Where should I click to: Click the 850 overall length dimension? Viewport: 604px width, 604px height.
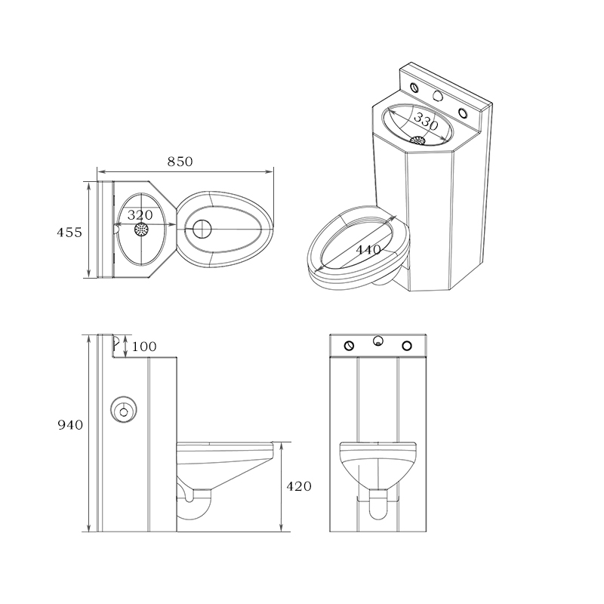click(x=180, y=161)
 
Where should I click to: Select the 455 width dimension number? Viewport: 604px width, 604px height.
click(x=69, y=232)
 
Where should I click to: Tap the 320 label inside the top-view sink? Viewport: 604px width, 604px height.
click(x=140, y=214)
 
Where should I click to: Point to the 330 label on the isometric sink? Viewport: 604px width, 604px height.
click(x=426, y=121)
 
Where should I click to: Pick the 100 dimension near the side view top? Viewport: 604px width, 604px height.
click(x=143, y=347)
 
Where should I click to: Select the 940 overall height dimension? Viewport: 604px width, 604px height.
click(x=70, y=425)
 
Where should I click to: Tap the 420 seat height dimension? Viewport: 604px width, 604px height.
click(x=298, y=486)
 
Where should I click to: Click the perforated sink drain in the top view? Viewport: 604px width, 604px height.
click(x=141, y=230)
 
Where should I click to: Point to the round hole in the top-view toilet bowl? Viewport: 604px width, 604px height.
click(x=202, y=230)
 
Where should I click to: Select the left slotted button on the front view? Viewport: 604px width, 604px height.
click(x=349, y=346)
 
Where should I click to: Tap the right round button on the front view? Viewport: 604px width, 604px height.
click(x=407, y=346)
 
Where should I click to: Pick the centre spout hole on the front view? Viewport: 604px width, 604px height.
click(x=377, y=341)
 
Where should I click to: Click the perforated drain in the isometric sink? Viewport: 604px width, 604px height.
click(x=418, y=140)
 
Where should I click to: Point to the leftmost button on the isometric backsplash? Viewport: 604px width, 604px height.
click(x=414, y=85)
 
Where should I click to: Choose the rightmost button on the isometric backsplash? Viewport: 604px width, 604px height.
click(x=465, y=111)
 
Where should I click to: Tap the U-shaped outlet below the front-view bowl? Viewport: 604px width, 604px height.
click(x=377, y=510)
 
